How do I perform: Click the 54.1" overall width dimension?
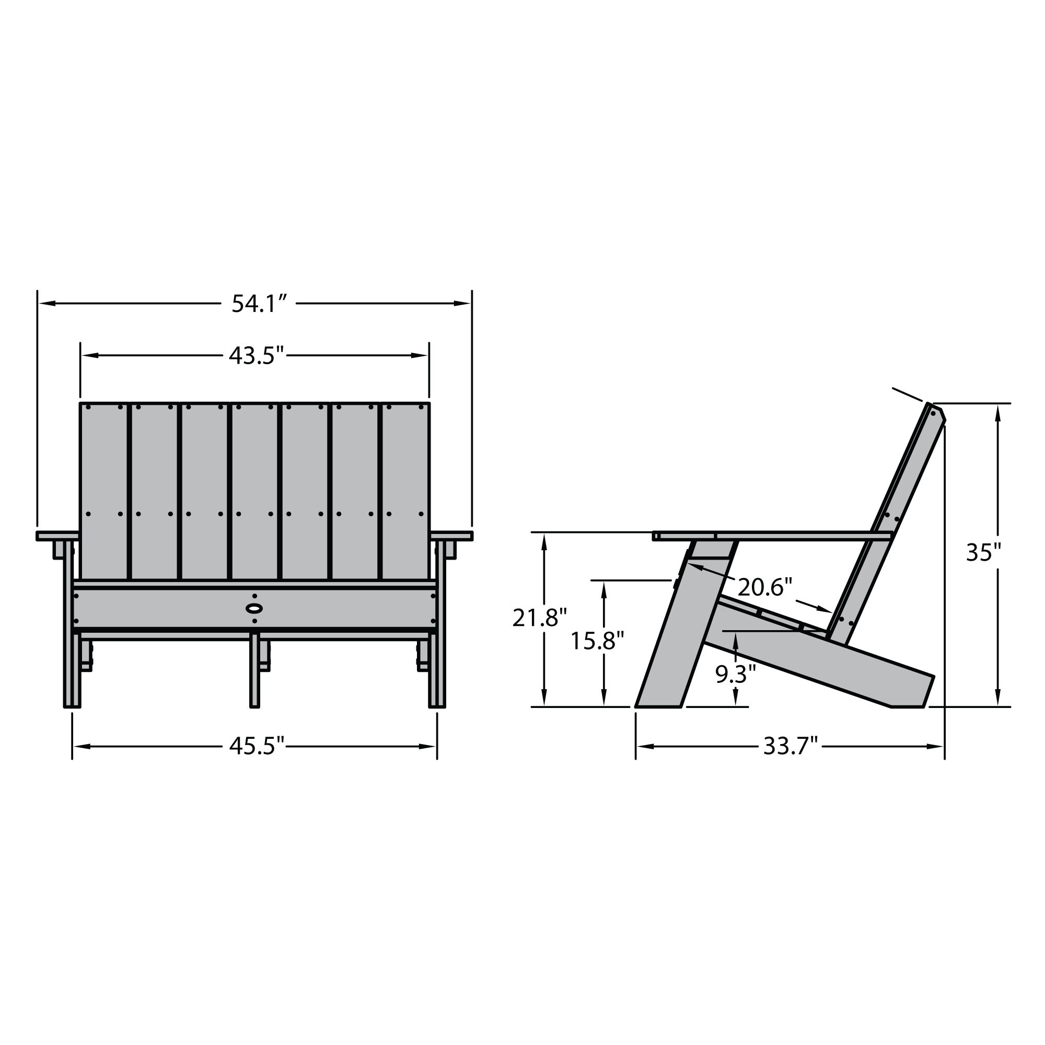coord(258,304)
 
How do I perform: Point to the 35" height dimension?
coord(984,553)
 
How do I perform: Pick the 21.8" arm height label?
coord(539,618)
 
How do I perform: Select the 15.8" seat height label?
coord(597,641)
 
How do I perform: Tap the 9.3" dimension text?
coord(735,675)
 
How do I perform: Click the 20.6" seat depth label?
coord(764,587)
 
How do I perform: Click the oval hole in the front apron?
coord(254,608)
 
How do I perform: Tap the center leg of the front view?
coord(254,671)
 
